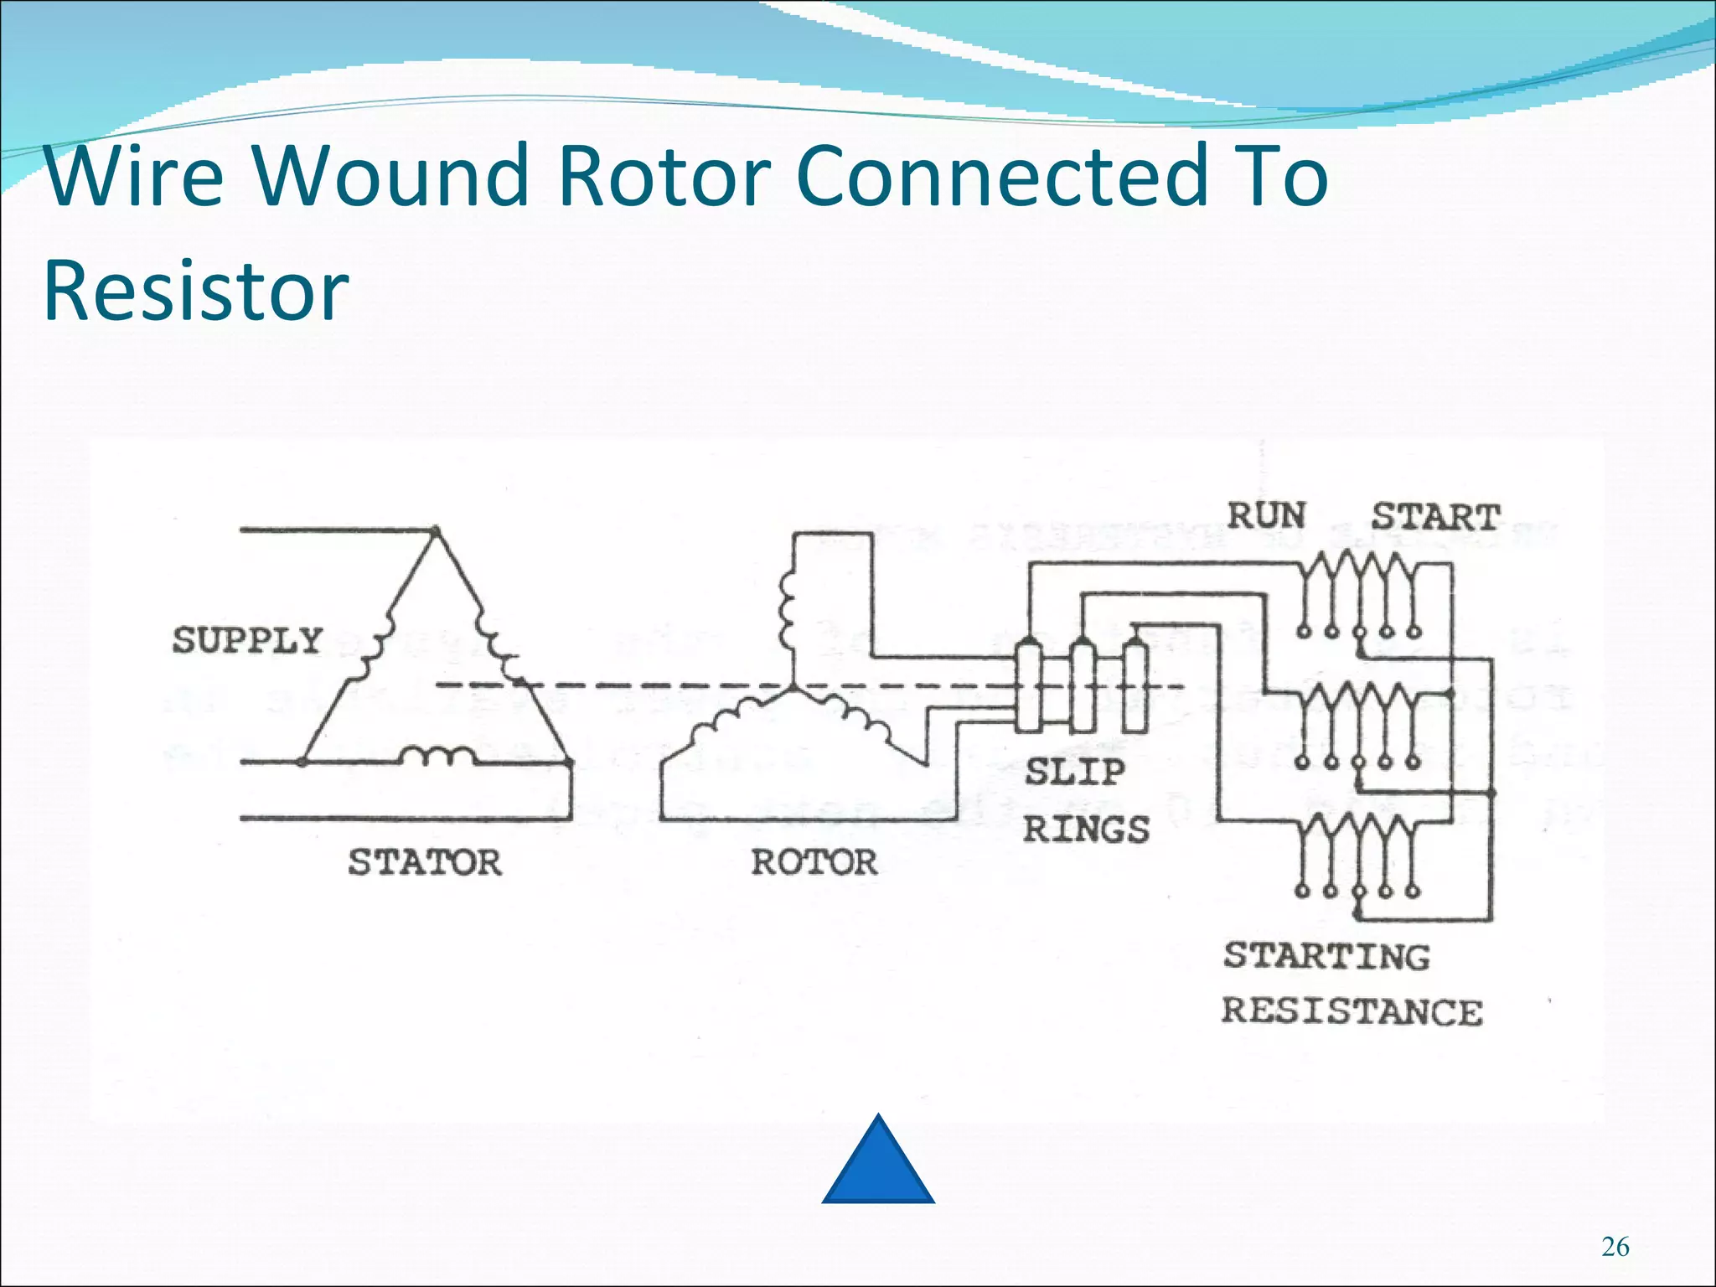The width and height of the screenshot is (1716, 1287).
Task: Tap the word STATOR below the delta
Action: point(425,862)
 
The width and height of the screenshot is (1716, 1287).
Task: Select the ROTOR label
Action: point(814,862)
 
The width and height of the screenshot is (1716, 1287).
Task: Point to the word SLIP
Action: point(1075,772)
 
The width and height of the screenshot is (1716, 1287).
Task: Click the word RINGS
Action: point(1086,830)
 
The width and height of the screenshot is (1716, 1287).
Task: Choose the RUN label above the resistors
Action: point(1266,515)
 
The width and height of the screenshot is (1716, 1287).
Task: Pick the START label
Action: point(1435,517)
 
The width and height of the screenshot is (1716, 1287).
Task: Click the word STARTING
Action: point(1326,956)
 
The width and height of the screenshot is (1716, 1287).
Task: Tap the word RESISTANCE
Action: point(1352,1011)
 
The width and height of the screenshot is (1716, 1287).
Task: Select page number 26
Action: point(1615,1247)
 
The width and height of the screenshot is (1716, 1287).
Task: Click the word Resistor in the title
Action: point(196,290)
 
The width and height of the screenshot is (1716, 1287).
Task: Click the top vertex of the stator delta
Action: point(435,530)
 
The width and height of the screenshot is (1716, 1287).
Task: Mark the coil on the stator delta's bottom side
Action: point(437,756)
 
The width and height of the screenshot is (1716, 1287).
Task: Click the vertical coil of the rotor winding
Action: point(787,610)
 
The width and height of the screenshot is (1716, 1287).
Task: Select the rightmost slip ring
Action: point(1135,687)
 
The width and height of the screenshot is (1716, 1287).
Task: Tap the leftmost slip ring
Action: point(1028,687)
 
